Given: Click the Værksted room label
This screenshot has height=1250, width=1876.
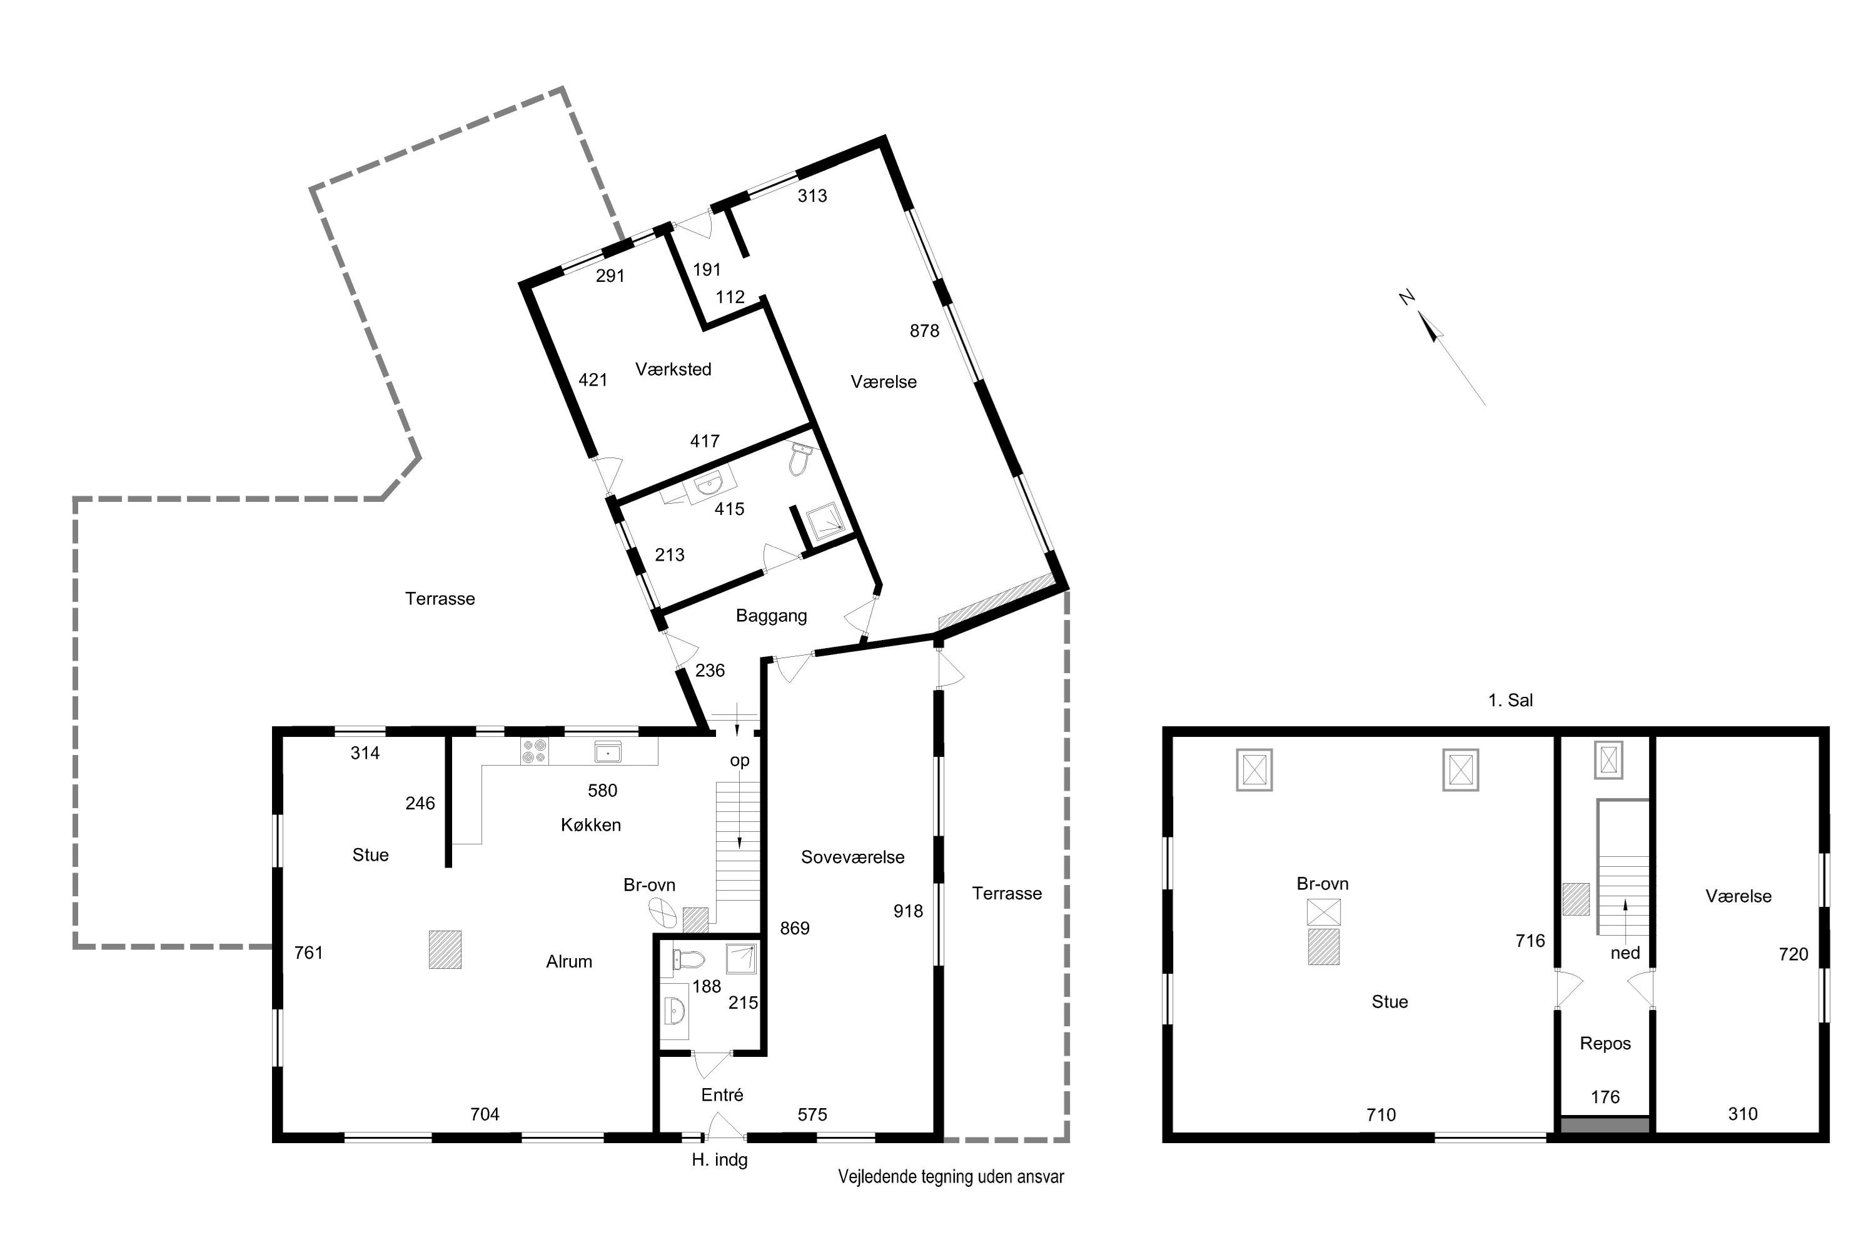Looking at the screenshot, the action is [x=673, y=369].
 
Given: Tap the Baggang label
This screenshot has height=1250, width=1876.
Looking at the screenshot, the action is [x=771, y=616].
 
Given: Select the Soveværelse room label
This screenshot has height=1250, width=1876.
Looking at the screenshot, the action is [x=853, y=857].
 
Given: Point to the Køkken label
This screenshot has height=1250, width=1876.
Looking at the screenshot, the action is [x=590, y=825].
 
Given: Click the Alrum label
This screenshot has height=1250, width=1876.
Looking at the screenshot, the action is [x=568, y=961].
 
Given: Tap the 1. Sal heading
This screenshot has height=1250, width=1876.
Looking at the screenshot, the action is [x=1510, y=700].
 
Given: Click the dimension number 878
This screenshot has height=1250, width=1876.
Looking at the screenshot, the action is [x=924, y=331].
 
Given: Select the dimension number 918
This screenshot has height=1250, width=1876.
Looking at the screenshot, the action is [x=908, y=911].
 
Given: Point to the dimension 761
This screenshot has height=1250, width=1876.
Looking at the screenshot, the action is [x=309, y=952].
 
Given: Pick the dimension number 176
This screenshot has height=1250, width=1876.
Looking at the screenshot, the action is [x=1605, y=1097].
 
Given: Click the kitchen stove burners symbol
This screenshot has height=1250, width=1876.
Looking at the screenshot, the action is [x=533, y=751].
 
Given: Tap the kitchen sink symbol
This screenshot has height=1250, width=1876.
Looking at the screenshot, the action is [x=608, y=751].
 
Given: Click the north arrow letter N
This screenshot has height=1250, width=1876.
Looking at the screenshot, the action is [x=1407, y=297].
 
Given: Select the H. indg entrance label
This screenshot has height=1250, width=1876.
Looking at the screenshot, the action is [x=720, y=1160].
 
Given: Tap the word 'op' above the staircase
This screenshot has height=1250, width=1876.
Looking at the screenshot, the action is [x=739, y=761].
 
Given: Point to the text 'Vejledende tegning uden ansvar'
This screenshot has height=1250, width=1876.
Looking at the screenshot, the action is [x=951, y=1177].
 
